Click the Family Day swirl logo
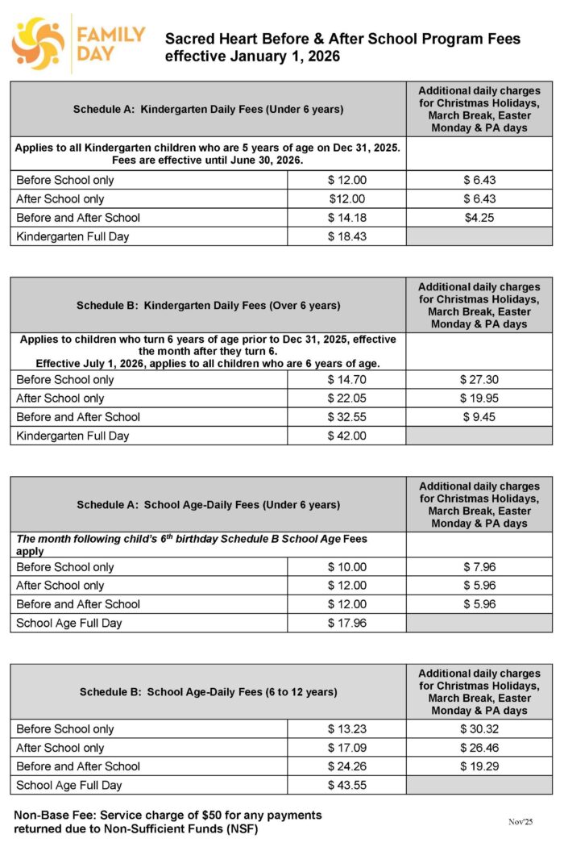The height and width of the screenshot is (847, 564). point(38,44)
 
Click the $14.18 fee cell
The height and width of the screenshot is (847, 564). point(346,218)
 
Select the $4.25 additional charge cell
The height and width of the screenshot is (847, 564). point(479,218)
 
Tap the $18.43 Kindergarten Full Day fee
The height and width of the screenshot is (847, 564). point(346,236)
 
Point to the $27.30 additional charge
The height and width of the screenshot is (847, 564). point(479,380)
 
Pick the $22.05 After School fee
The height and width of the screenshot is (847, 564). point(346,398)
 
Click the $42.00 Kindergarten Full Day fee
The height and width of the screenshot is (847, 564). point(346,436)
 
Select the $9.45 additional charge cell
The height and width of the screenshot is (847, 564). point(479,417)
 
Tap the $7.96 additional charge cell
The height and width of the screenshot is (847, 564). point(479,567)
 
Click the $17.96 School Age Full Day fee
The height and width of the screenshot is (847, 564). point(346,623)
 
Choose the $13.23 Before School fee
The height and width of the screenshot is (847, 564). point(346,729)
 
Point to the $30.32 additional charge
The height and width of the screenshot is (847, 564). point(479,729)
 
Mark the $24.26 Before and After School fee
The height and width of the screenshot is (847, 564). point(346,766)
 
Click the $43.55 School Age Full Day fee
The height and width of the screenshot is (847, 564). point(346,785)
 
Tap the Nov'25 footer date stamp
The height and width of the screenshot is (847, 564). point(520,821)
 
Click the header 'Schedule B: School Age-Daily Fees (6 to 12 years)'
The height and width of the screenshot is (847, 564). point(208,692)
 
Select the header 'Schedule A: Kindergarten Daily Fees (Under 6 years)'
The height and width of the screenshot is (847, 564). point(208,109)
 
